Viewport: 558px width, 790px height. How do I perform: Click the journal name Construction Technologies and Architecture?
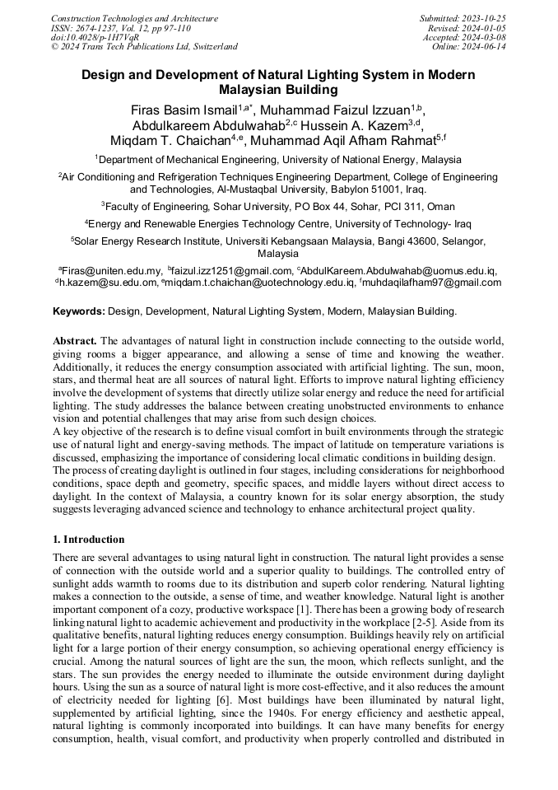coord(134,18)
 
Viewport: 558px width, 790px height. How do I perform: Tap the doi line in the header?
coord(95,37)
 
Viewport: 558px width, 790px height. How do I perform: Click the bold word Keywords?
coord(78,311)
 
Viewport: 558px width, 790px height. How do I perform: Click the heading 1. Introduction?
coord(89,540)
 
